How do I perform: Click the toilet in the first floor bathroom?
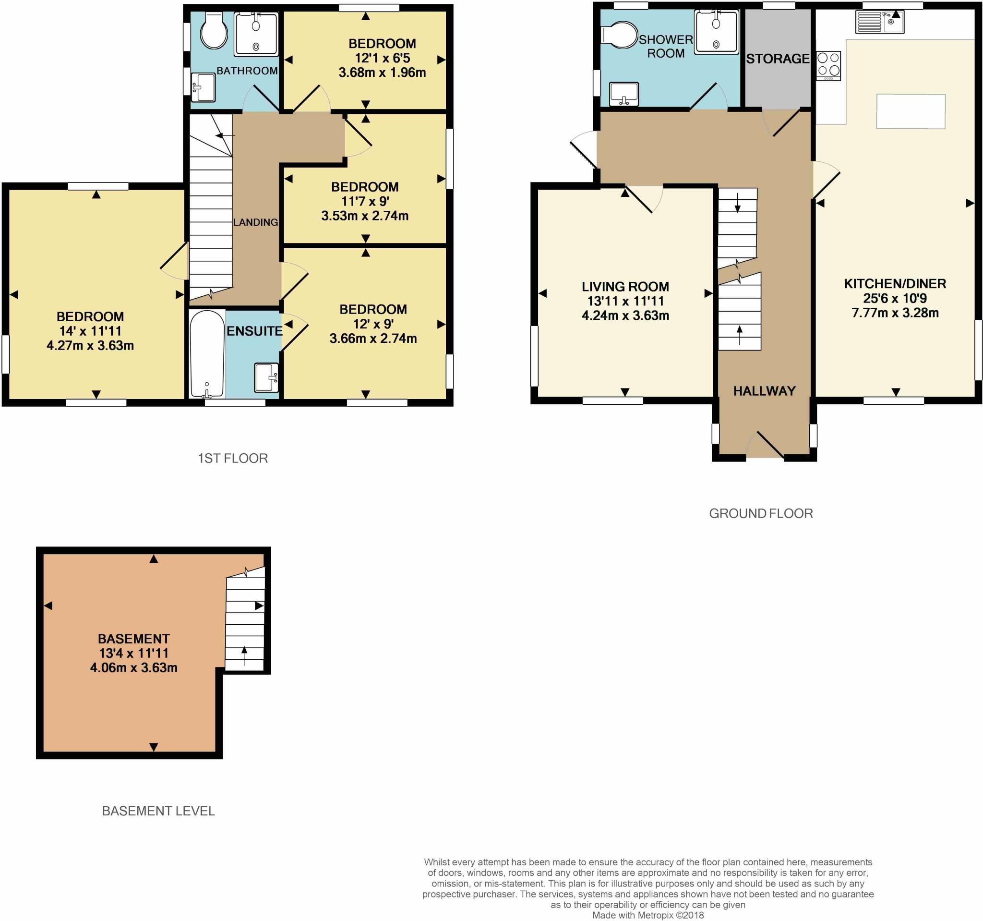point(214,31)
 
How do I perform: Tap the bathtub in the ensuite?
point(207,354)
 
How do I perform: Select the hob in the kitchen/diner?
point(828,65)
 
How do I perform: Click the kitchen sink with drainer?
point(880,22)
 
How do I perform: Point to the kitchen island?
point(911,111)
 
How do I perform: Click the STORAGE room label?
point(778,59)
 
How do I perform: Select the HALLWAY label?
point(764,391)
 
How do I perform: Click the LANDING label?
point(256,223)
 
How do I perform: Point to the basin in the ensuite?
point(266,378)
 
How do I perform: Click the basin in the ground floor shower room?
point(624,94)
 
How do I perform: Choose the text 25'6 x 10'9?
point(895,298)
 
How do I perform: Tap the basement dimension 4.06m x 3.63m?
point(133,668)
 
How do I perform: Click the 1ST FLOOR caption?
point(233,459)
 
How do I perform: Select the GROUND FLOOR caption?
point(761,513)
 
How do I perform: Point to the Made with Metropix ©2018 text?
point(648,915)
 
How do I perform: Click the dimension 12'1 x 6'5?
point(382,58)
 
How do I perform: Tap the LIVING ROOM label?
point(625,287)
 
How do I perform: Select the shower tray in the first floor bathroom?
point(256,34)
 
